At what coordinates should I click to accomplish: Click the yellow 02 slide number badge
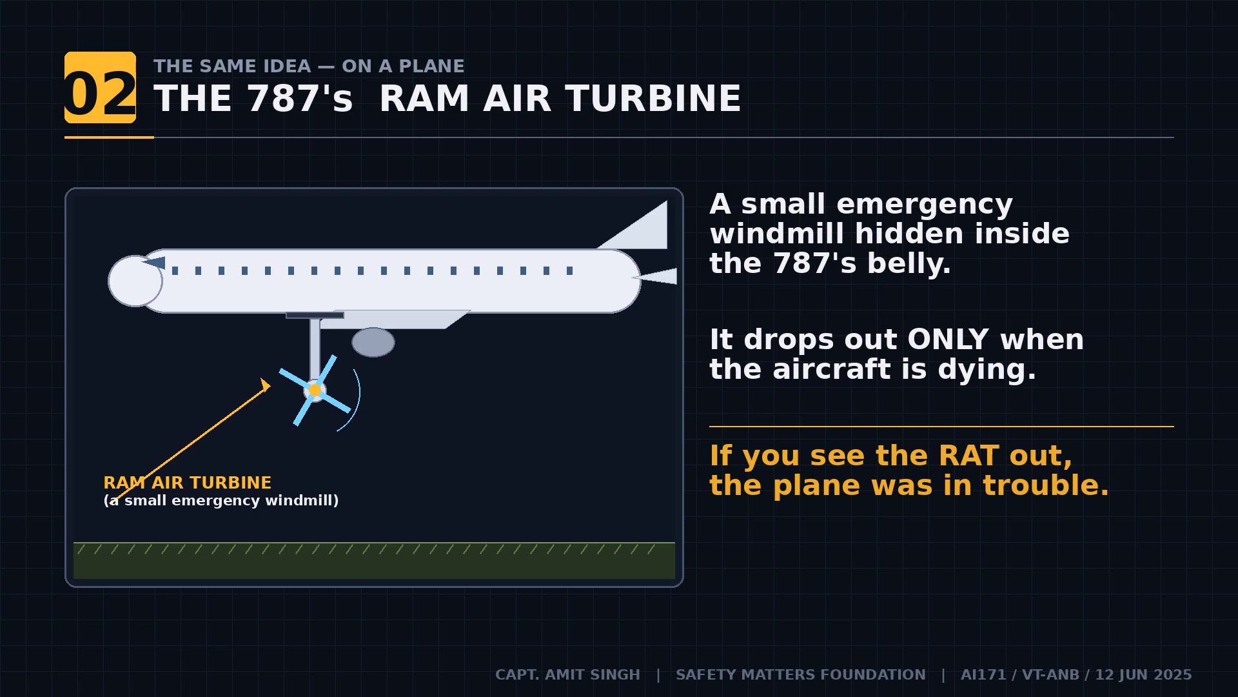100,88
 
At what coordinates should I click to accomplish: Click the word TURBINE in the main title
653,99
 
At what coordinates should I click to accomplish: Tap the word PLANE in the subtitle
431,66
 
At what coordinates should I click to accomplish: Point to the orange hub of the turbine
315,390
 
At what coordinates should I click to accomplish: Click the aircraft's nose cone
133,281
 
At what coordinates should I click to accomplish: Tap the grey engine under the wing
373,342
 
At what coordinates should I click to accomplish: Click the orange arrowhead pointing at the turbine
265,385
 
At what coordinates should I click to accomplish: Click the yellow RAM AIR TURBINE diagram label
187,483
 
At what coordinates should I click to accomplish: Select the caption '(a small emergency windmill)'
221,500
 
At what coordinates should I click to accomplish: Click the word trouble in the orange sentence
1044,485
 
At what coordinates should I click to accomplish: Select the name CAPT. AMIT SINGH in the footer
567,674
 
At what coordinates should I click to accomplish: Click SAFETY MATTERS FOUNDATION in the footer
800,674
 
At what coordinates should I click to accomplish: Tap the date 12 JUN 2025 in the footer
1143,674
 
